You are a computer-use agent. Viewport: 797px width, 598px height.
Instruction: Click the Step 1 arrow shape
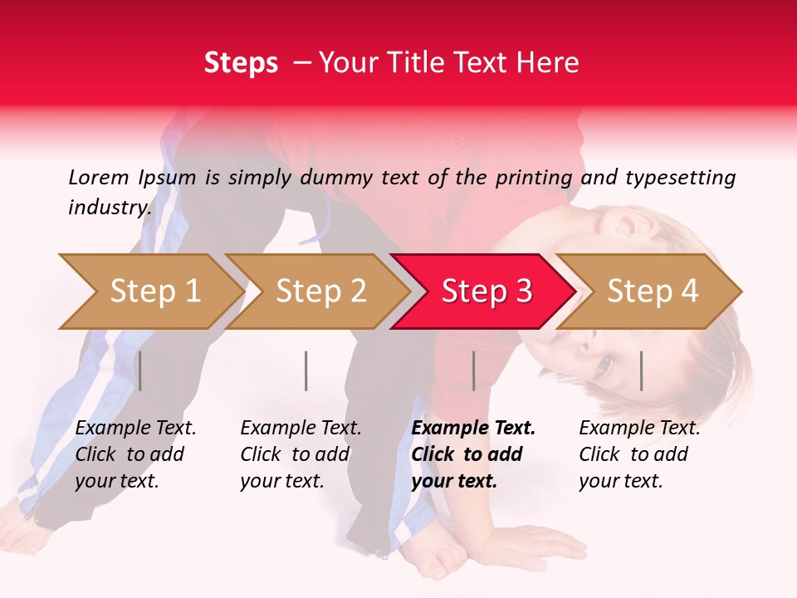point(154,292)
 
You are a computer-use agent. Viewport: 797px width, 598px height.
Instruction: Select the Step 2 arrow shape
point(320,292)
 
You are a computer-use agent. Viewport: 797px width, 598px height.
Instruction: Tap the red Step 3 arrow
point(487,292)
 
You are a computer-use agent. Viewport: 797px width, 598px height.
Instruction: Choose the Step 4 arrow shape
point(653,292)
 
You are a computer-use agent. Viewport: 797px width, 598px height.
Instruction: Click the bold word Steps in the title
point(241,63)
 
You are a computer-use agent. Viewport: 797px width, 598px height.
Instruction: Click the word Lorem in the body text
point(99,177)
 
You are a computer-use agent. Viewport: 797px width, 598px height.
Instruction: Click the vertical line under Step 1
point(140,370)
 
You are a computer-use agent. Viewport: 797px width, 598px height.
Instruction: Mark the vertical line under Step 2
point(306,370)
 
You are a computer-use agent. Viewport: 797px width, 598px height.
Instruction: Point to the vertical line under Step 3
point(473,370)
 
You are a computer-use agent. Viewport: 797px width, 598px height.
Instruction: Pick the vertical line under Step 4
point(641,370)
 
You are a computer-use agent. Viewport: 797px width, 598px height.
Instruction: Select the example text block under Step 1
point(135,454)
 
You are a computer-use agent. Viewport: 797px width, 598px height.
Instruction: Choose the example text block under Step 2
point(301,454)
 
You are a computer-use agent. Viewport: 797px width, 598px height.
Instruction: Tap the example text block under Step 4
point(639,454)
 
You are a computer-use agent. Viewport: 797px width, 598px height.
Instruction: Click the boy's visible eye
point(603,363)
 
